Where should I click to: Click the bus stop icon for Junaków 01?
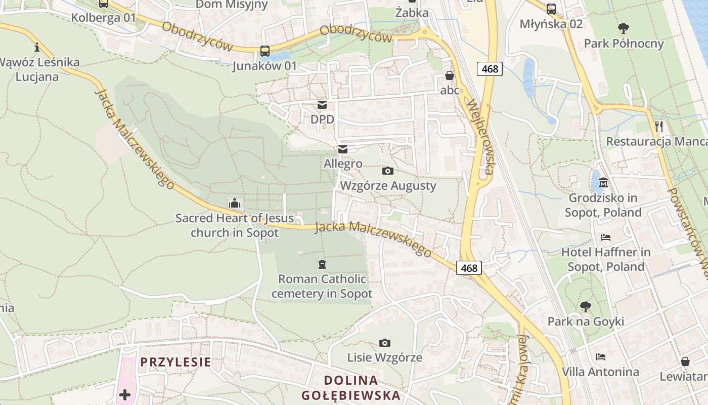click(265, 51)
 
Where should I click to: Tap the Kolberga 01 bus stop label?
click(104, 17)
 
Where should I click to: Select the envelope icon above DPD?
click(322, 105)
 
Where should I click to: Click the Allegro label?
click(343, 164)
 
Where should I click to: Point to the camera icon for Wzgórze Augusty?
click(388, 171)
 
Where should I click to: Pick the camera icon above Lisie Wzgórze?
click(385, 343)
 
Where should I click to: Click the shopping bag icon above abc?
click(450, 76)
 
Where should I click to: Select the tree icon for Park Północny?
click(624, 28)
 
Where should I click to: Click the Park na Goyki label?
click(586, 321)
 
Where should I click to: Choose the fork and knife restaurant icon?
click(659, 127)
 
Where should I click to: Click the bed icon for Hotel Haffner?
click(606, 237)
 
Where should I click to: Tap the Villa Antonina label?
click(600, 372)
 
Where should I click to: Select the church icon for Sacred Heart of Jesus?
click(234, 204)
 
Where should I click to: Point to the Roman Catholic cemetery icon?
click(322, 264)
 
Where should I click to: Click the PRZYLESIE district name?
click(175, 362)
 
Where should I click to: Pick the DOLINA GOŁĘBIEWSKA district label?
click(351, 388)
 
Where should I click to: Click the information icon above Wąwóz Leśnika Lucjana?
click(36, 48)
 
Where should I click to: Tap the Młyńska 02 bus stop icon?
click(551, 9)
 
